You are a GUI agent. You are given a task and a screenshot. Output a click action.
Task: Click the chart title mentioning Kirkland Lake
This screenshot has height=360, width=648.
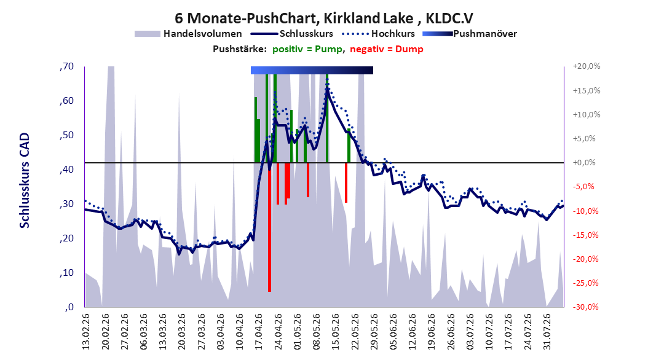click(x=324, y=18)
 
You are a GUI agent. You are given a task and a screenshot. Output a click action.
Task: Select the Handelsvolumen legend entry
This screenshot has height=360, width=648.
click(x=189, y=34)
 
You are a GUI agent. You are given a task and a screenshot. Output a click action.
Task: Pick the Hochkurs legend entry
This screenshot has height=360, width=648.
click(x=379, y=34)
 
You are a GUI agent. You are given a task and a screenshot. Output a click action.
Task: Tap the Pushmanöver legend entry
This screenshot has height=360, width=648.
click(x=470, y=34)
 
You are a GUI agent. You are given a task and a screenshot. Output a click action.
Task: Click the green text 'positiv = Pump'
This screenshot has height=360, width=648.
click(x=307, y=49)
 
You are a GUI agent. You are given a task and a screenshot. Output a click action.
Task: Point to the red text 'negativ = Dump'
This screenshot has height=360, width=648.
click(x=387, y=49)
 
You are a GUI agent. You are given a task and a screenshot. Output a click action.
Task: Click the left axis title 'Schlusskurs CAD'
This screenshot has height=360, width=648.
click(x=25, y=181)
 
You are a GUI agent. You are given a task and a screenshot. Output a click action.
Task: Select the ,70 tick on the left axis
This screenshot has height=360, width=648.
click(x=66, y=66)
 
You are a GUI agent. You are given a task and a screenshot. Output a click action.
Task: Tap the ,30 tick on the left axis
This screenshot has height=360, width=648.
click(x=66, y=204)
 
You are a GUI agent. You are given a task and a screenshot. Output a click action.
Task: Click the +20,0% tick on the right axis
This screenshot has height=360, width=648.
click(x=587, y=66)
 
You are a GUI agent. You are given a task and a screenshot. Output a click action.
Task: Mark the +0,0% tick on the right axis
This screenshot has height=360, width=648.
click(x=584, y=163)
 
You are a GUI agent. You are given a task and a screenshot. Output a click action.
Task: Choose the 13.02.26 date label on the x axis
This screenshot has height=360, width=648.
click(x=86, y=332)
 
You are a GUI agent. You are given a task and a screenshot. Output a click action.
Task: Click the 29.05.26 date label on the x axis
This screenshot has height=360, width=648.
click(x=374, y=332)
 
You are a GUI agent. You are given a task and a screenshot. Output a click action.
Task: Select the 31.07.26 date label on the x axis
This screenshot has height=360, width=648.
click(x=547, y=332)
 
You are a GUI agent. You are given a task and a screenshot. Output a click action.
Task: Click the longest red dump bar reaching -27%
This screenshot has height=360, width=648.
click(x=269, y=227)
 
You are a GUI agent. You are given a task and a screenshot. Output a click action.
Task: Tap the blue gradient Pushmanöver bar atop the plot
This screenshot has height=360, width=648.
click(x=312, y=70)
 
